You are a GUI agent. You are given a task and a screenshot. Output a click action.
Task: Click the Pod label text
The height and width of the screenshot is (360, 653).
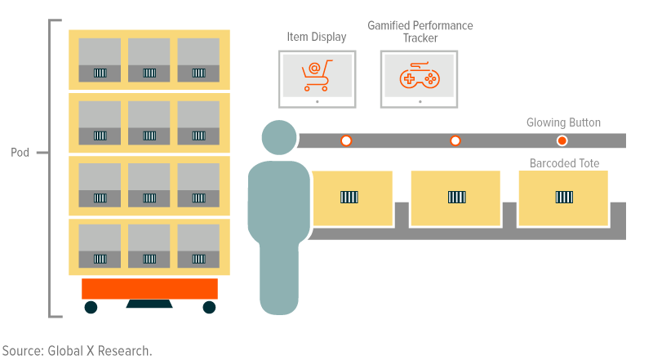click(x=20, y=153)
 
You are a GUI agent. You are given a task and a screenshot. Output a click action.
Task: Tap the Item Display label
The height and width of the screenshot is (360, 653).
click(x=316, y=37)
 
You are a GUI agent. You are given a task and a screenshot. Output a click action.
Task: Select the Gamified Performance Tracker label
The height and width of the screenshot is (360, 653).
click(x=420, y=32)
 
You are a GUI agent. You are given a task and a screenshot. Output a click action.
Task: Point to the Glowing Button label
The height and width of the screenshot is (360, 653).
click(x=563, y=123)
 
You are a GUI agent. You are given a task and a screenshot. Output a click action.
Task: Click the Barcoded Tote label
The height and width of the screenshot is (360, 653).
click(x=564, y=163)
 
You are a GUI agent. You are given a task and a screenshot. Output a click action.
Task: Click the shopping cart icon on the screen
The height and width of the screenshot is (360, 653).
click(x=316, y=77)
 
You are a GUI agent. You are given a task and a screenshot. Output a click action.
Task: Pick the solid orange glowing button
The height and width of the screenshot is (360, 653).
click(x=562, y=140)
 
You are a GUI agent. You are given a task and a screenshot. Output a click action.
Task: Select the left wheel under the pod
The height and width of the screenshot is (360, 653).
click(x=91, y=307)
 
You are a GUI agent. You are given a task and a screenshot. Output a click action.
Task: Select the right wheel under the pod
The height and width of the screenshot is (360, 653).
click(x=209, y=307)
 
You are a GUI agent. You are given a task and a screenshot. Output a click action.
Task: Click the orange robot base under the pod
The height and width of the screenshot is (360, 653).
click(x=149, y=288)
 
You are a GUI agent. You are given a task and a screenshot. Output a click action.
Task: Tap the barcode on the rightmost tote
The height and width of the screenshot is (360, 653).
click(x=564, y=197)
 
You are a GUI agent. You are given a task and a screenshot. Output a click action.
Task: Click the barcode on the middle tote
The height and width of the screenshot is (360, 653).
click(x=457, y=197)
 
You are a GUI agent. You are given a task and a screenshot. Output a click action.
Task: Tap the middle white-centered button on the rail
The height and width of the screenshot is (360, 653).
click(x=455, y=140)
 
